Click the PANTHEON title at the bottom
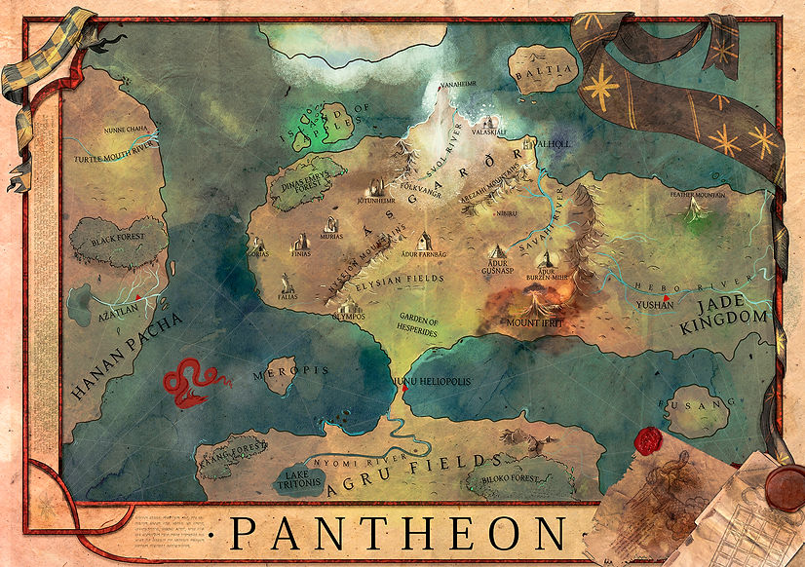pyautogui.click(x=399, y=533)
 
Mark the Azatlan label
pyautogui.click(x=105, y=305)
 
